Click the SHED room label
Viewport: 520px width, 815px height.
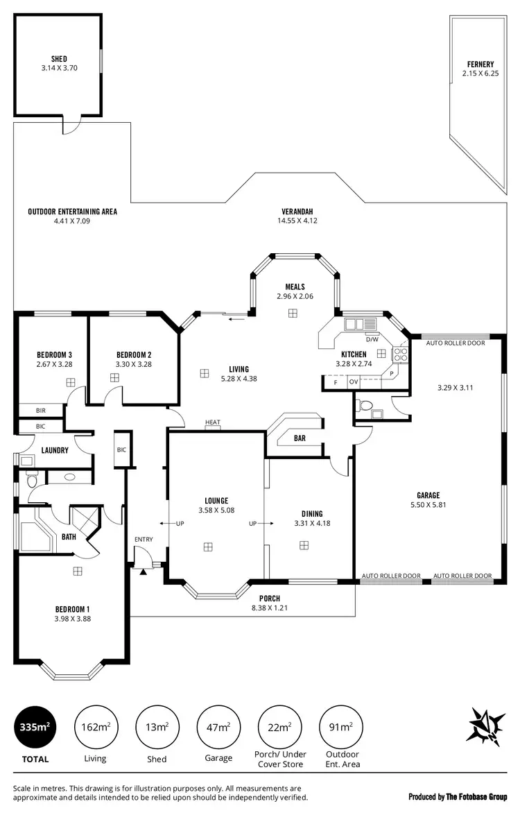tap(58, 59)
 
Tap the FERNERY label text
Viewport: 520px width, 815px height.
tap(480, 65)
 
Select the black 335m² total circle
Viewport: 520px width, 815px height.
tap(35, 727)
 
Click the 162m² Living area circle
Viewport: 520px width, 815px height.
tap(95, 727)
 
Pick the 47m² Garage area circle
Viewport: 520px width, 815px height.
tap(218, 727)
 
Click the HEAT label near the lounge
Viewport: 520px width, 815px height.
tap(213, 422)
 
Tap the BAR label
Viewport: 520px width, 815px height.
tap(300, 438)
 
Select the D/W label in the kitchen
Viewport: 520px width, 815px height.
tap(372, 339)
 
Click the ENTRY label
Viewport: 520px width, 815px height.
tap(144, 540)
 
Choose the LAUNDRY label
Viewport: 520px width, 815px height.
tap(55, 450)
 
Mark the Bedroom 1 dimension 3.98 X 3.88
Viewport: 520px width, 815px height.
tap(73, 619)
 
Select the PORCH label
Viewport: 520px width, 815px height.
tap(270, 599)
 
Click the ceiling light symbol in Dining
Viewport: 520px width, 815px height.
tap(304, 546)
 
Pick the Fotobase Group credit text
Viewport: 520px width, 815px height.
tap(458, 796)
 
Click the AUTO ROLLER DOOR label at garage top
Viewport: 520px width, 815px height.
tap(455, 343)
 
